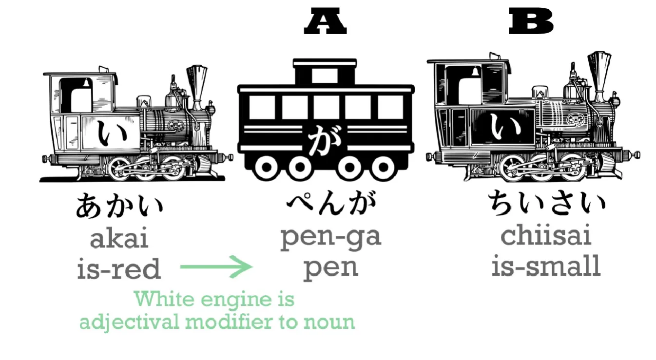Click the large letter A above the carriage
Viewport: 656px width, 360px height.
(x=325, y=23)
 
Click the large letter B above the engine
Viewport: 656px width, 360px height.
(x=531, y=23)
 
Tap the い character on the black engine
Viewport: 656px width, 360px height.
(x=500, y=128)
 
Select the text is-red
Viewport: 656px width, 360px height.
(x=119, y=268)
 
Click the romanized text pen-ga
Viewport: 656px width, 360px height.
(x=330, y=237)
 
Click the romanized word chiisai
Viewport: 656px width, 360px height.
(x=546, y=235)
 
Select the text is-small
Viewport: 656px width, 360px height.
(x=546, y=266)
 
